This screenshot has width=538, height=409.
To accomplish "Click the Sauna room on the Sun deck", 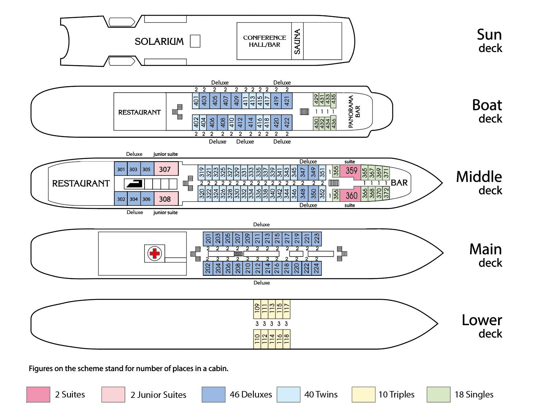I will pyautogui.click(x=297, y=41).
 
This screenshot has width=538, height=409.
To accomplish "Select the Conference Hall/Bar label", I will pyautogui.click(x=264, y=41).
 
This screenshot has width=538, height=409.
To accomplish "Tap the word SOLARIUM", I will pyautogui.click(x=159, y=41).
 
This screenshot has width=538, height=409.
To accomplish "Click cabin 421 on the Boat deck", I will pyautogui.click(x=287, y=101).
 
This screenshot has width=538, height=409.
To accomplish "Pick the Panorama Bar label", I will pyautogui.click(x=354, y=111).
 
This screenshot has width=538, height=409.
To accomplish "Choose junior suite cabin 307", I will pyautogui.click(x=165, y=169).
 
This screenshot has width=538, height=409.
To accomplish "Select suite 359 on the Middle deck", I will pyautogui.click(x=350, y=171).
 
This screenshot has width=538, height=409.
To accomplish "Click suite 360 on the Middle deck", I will pyautogui.click(x=351, y=195).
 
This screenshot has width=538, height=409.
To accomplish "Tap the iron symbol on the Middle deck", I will pyautogui.click(x=135, y=184).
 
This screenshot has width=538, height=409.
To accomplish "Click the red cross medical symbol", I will pyautogui.click(x=155, y=253).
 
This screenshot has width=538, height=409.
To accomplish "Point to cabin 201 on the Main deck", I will pyautogui.click(x=208, y=239).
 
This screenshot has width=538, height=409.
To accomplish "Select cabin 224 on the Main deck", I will pyautogui.click(x=316, y=268).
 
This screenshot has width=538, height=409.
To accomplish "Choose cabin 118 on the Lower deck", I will pyautogui.click(x=286, y=339).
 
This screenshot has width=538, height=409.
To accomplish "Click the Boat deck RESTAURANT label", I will pyautogui.click(x=139, y=112).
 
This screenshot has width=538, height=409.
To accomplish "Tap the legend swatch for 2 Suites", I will pyautogui.click(x=38, y=394).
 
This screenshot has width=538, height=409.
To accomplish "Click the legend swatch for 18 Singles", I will pyautogui.click(x=438, y=394).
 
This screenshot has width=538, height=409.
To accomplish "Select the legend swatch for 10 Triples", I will pyautogui.click(x=363, y=394).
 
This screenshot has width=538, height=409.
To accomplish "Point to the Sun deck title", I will pyautogui.click(x=489, y=41).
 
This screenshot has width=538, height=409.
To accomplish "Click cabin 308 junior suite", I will pyautogui.click(x=165, y=199).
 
